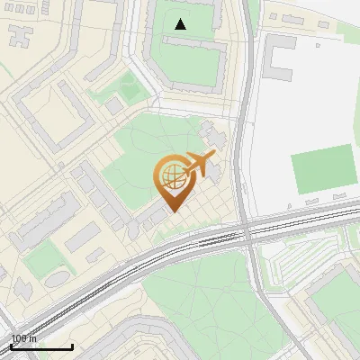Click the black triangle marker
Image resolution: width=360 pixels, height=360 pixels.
tap(181, 24)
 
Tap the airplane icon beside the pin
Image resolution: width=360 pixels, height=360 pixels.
tap(199, 165)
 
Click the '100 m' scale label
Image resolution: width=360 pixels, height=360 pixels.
tap(23, 338)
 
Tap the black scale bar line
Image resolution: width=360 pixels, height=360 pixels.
tap(41, 346)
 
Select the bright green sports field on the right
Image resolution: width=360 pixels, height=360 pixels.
tap(324, 168)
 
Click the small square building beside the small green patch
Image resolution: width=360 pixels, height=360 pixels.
tap(114, 106)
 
